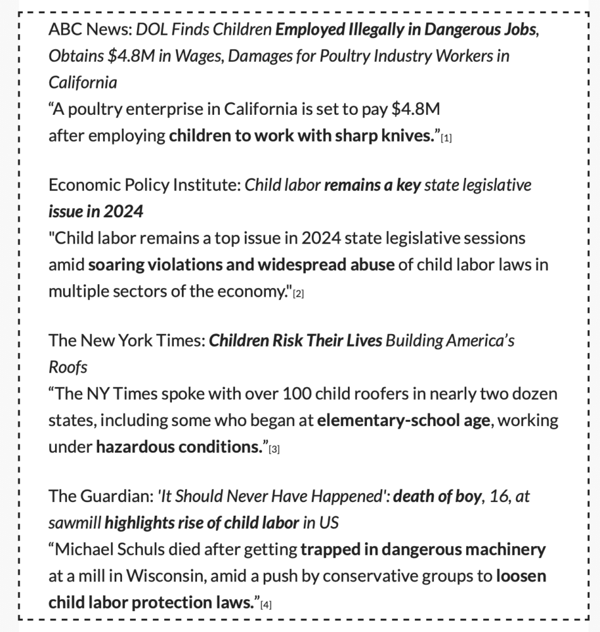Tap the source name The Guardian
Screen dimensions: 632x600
point(99,497)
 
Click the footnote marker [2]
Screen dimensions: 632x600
point(299,294)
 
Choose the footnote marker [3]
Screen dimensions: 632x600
point(274,450)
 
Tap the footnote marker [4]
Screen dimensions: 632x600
point(266,605)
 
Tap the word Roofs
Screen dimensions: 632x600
point(68,367)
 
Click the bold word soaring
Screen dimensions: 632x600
point(115,265)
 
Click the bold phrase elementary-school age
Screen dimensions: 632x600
point(403,420)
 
